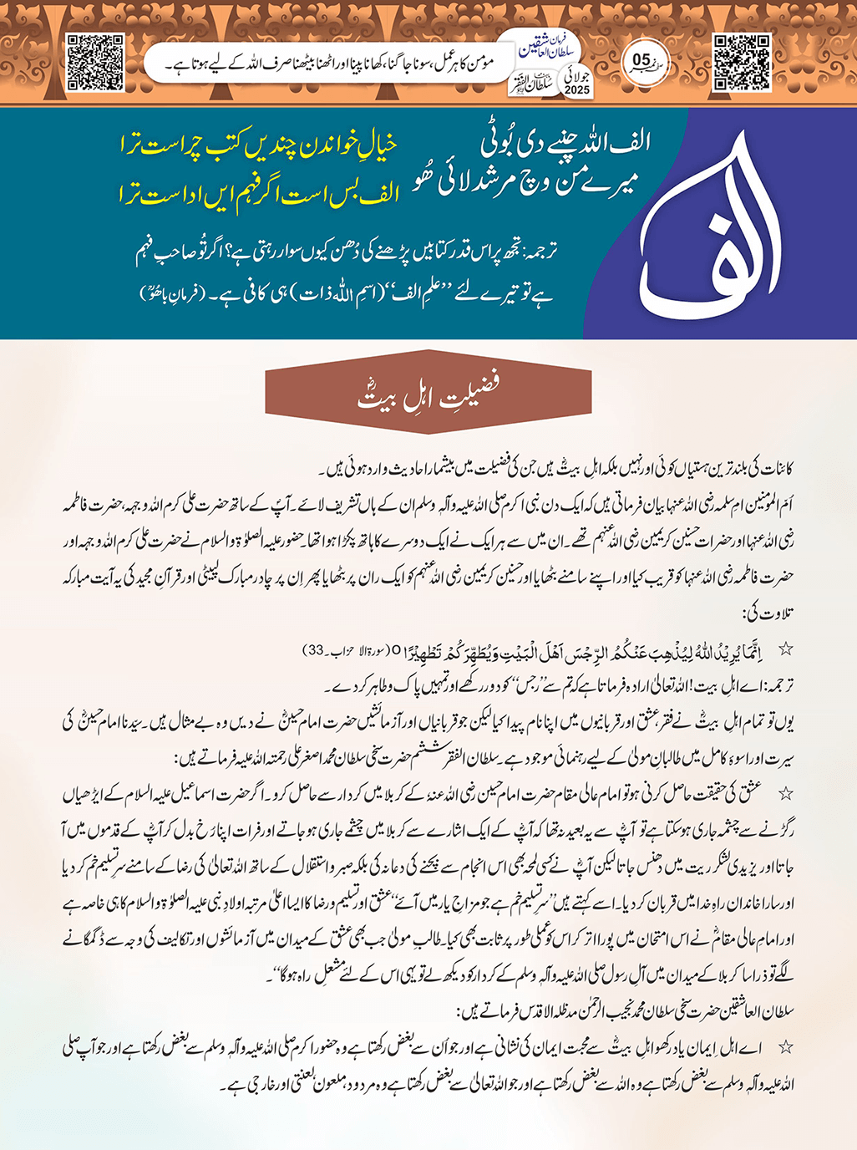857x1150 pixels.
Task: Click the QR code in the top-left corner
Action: tap(94, 63)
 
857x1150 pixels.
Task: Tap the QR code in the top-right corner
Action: tap(742, 63)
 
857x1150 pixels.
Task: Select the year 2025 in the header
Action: tap(576, 89)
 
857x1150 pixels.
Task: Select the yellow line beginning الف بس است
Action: tap(259, 194)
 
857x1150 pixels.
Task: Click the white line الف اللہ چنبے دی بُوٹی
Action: tap(565, 143)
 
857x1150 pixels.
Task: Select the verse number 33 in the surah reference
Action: tap(315, 649)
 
